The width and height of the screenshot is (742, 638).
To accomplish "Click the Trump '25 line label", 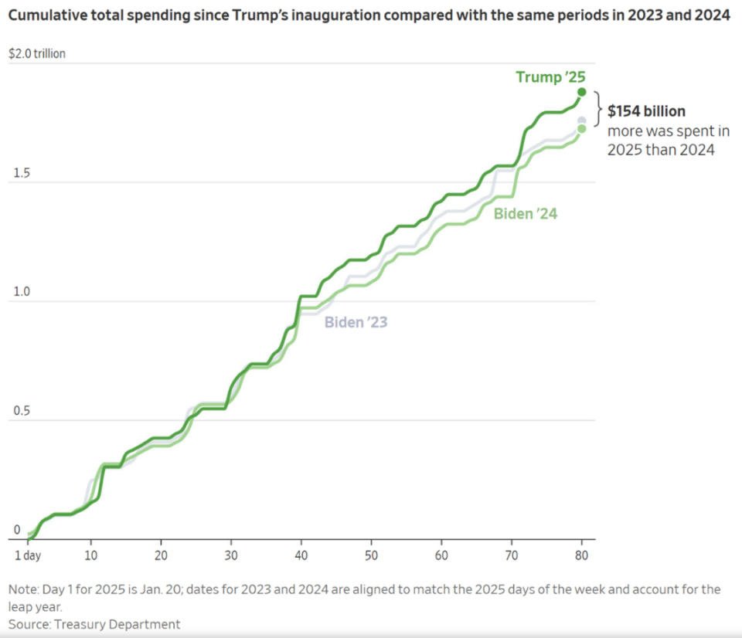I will click(551, 77).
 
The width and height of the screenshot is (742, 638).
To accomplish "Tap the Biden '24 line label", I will click(526, 214).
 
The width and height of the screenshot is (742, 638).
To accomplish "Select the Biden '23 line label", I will click(356, 322).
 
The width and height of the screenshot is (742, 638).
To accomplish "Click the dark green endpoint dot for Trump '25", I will click(582, 92).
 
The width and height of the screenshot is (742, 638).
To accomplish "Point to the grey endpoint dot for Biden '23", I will click(582, 120).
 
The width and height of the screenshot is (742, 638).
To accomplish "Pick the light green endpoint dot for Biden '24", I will click(582, 129).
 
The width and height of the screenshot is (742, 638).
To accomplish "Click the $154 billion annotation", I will click(646, 111).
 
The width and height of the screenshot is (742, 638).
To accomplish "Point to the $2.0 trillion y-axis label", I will click(36, 54).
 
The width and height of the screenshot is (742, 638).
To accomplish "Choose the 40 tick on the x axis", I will click(301, 555).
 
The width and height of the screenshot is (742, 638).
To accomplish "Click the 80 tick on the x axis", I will click(581, 555).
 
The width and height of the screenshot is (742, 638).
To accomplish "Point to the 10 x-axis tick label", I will click(90, 555).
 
